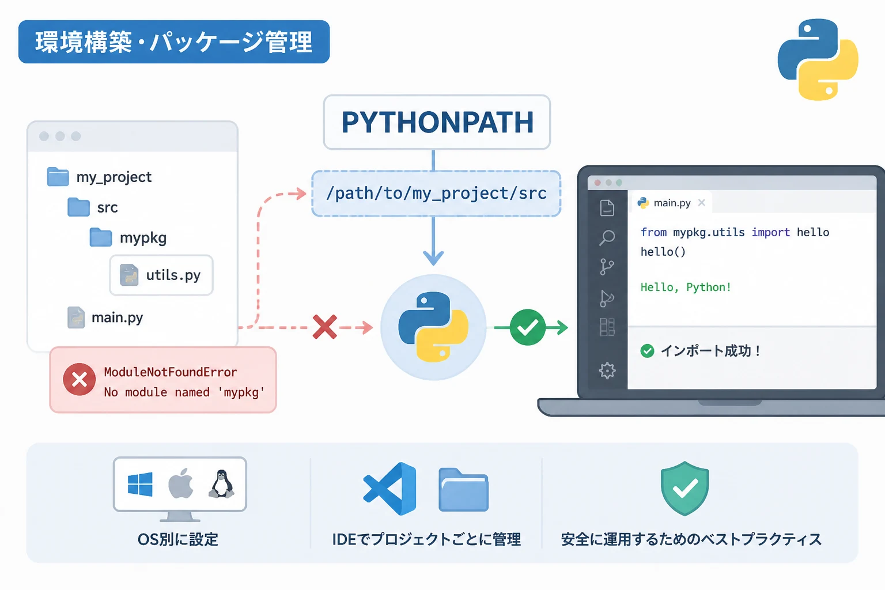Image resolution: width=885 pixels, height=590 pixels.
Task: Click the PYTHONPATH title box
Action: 437,122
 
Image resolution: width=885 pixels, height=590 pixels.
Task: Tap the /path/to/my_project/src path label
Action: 436,194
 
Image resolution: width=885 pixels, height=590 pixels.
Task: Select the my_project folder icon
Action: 58,177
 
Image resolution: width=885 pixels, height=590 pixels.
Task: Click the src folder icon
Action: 78,207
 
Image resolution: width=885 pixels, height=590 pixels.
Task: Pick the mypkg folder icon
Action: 100,237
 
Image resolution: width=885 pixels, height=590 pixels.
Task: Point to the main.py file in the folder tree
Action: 105,317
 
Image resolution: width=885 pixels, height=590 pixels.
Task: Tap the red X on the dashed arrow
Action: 325,327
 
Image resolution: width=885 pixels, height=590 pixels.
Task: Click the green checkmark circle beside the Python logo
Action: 527,327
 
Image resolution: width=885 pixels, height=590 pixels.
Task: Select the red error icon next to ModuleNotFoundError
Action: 79,379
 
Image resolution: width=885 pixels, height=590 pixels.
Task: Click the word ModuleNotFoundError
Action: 171,372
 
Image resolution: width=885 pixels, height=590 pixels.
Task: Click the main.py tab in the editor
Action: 671,203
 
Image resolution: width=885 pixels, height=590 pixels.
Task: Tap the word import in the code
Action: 770,232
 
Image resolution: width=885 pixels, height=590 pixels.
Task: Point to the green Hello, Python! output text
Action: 686,287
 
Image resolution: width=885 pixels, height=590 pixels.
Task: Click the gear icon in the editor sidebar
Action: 607,370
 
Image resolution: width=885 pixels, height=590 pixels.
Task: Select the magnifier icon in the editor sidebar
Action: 607,238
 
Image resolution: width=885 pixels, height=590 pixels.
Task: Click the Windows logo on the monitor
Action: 140,484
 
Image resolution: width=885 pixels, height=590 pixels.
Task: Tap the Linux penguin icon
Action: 222,484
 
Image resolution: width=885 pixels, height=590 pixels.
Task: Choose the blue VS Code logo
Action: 389,489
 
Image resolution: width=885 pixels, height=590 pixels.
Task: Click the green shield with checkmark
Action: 684,489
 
